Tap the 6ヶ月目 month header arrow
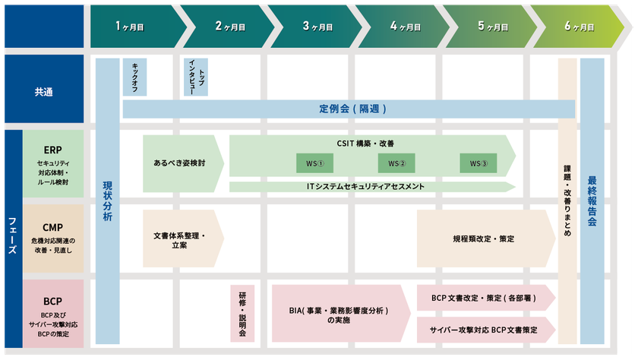point(578,27)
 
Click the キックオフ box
point(134,77)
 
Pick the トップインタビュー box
point(196,77)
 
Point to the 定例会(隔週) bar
point(349,109)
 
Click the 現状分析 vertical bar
point(107,201)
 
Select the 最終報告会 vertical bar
point(592,201)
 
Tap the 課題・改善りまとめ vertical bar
point(567,201)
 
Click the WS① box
point(315,163)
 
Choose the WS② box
point(396,163)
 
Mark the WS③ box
point(478,163)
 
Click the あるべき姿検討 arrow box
point(183,163)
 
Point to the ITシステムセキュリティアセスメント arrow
point(372,187)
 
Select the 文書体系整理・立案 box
point(183,238)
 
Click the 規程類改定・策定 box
point(486,238)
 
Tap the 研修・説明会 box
point(242,313)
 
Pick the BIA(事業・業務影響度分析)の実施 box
point(341,313)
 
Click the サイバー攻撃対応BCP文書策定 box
point(486,330)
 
